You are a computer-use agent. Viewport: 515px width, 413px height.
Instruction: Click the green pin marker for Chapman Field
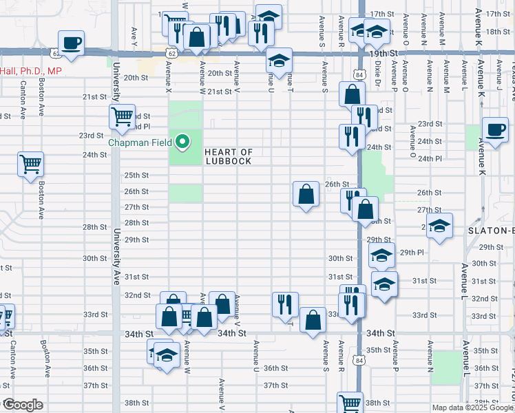click(182, 142)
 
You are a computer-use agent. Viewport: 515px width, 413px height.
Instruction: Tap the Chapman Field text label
click(142, 143)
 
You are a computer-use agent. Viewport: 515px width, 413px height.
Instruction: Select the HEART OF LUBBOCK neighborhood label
click(229, 156)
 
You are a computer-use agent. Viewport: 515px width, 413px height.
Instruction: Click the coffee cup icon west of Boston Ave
click(71, 43)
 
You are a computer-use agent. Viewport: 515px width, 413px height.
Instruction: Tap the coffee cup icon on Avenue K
click(495, 129)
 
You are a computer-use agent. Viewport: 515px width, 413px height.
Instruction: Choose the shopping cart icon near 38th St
click(350, 403)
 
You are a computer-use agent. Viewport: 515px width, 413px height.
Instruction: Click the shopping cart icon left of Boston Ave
click(31, 165)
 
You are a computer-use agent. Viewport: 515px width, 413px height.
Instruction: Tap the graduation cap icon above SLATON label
click(439, 226)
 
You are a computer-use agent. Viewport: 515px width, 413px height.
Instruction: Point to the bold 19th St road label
click(383, 53)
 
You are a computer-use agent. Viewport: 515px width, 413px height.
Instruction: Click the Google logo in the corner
click(22, 405)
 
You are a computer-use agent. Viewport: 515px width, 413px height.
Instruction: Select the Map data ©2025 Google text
click(472, 407)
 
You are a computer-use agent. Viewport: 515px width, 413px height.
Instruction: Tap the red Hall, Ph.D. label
click(31, 71)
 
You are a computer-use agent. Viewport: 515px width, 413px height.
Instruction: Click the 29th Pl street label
click(412, 253)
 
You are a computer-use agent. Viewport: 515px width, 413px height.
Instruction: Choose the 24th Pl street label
click(429, 158)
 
